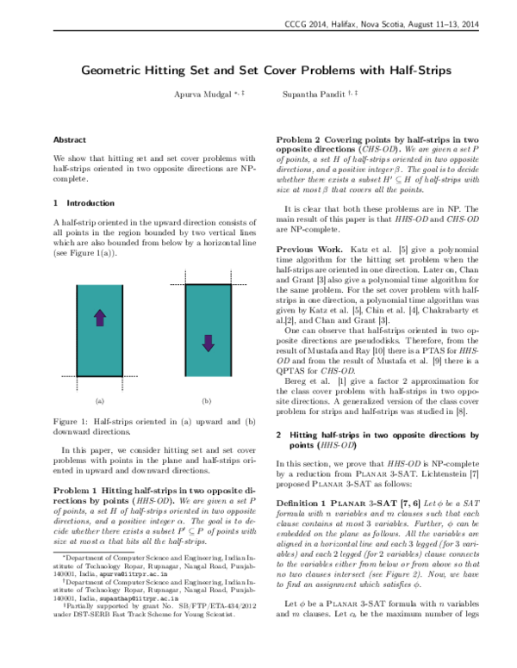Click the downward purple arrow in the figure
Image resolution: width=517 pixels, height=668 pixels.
click(x=207, y=319)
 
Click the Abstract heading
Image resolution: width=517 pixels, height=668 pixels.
click(x=69, y=139)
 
